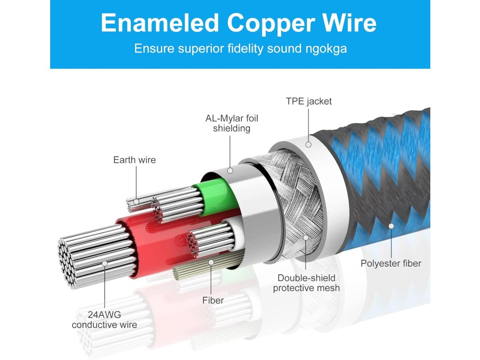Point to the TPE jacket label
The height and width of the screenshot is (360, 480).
point(308,101)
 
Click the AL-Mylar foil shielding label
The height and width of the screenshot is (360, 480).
point(232,123)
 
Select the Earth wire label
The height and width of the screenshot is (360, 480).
point(135,160)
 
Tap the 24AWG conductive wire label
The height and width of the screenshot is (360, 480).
point(105,319)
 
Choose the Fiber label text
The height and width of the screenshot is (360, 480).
point(213,300)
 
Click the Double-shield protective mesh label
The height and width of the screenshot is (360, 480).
point(306,283)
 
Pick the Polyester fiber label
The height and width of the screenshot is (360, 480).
point(391,263)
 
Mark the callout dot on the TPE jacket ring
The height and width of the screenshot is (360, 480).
point(308,144)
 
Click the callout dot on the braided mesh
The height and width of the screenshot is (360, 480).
point(306,238)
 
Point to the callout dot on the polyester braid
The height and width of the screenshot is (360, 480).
point(391,226)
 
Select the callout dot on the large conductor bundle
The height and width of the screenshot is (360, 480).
point(105,263)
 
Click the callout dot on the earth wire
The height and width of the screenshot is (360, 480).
point(136,202)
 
